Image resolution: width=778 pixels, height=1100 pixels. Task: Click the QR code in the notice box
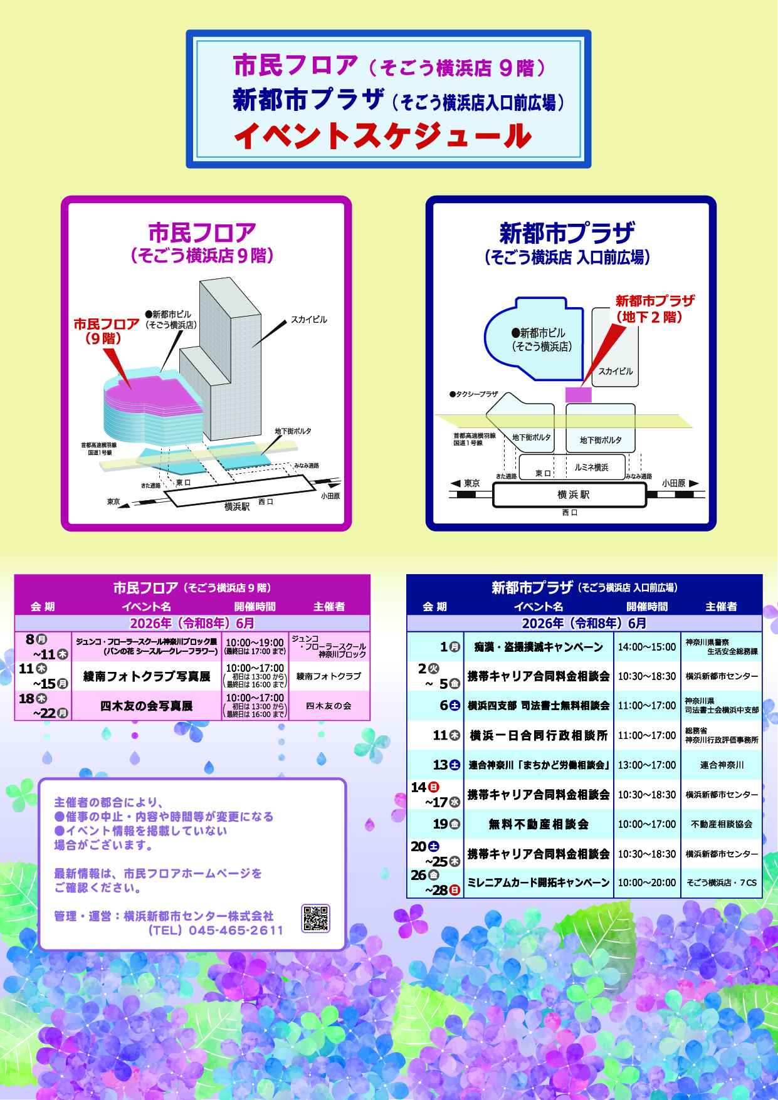[315, 918]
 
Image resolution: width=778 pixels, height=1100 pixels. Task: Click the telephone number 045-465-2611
[236, 931]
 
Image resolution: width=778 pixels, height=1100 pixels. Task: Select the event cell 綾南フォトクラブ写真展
[147, 676]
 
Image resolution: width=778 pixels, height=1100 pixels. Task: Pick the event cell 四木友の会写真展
[147, 706]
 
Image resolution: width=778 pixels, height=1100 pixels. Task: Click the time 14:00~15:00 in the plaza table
[647, 647]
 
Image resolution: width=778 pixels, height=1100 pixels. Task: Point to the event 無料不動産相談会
[539, 824]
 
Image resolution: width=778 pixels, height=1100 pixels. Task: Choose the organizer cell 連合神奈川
[722, 765]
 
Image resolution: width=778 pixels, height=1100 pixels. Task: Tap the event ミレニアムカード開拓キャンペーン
[539, 883]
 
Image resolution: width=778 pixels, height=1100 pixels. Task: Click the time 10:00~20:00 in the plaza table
[647, 883]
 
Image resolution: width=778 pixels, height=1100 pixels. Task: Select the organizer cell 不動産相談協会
[722, 824]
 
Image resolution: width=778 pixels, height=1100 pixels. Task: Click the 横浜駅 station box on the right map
[570, 495]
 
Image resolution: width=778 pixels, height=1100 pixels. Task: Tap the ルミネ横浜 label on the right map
[591, 468]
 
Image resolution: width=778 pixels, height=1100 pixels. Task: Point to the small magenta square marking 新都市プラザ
[579, 395]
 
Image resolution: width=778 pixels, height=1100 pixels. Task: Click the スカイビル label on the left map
[309, 320]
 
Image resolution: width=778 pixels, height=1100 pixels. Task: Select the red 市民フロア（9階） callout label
[106, 331]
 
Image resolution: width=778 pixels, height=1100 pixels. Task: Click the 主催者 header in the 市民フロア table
[329, 607]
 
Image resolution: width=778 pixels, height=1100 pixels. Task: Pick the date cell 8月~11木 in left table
[43, 647]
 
